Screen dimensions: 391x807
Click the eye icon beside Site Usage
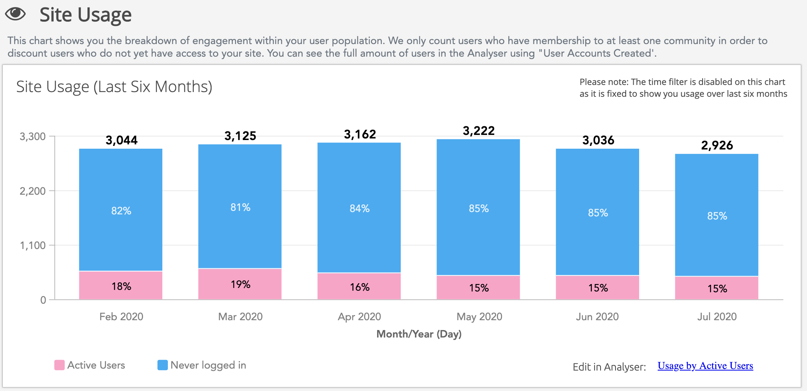15,14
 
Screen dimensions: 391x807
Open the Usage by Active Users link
705,366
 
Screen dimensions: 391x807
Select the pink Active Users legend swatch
60,365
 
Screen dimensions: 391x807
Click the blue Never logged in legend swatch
162,365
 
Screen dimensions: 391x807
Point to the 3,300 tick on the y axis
33,136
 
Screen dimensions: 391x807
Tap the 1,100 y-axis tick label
33,245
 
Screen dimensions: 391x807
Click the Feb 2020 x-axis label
121,317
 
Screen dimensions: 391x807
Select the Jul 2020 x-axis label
717,317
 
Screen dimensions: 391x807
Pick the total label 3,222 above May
478,131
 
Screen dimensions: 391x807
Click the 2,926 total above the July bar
717,146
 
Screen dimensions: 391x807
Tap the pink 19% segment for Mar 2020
240,284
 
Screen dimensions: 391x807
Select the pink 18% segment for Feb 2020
121,286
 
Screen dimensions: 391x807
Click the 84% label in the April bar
359,208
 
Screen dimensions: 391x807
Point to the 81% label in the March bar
240,207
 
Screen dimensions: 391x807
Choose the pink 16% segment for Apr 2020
359,287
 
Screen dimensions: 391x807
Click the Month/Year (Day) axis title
419,334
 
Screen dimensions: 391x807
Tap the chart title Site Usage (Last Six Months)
114,87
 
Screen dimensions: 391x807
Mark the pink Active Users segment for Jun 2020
597,288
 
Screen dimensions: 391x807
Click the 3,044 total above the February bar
121,140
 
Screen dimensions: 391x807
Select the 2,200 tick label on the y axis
33,191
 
